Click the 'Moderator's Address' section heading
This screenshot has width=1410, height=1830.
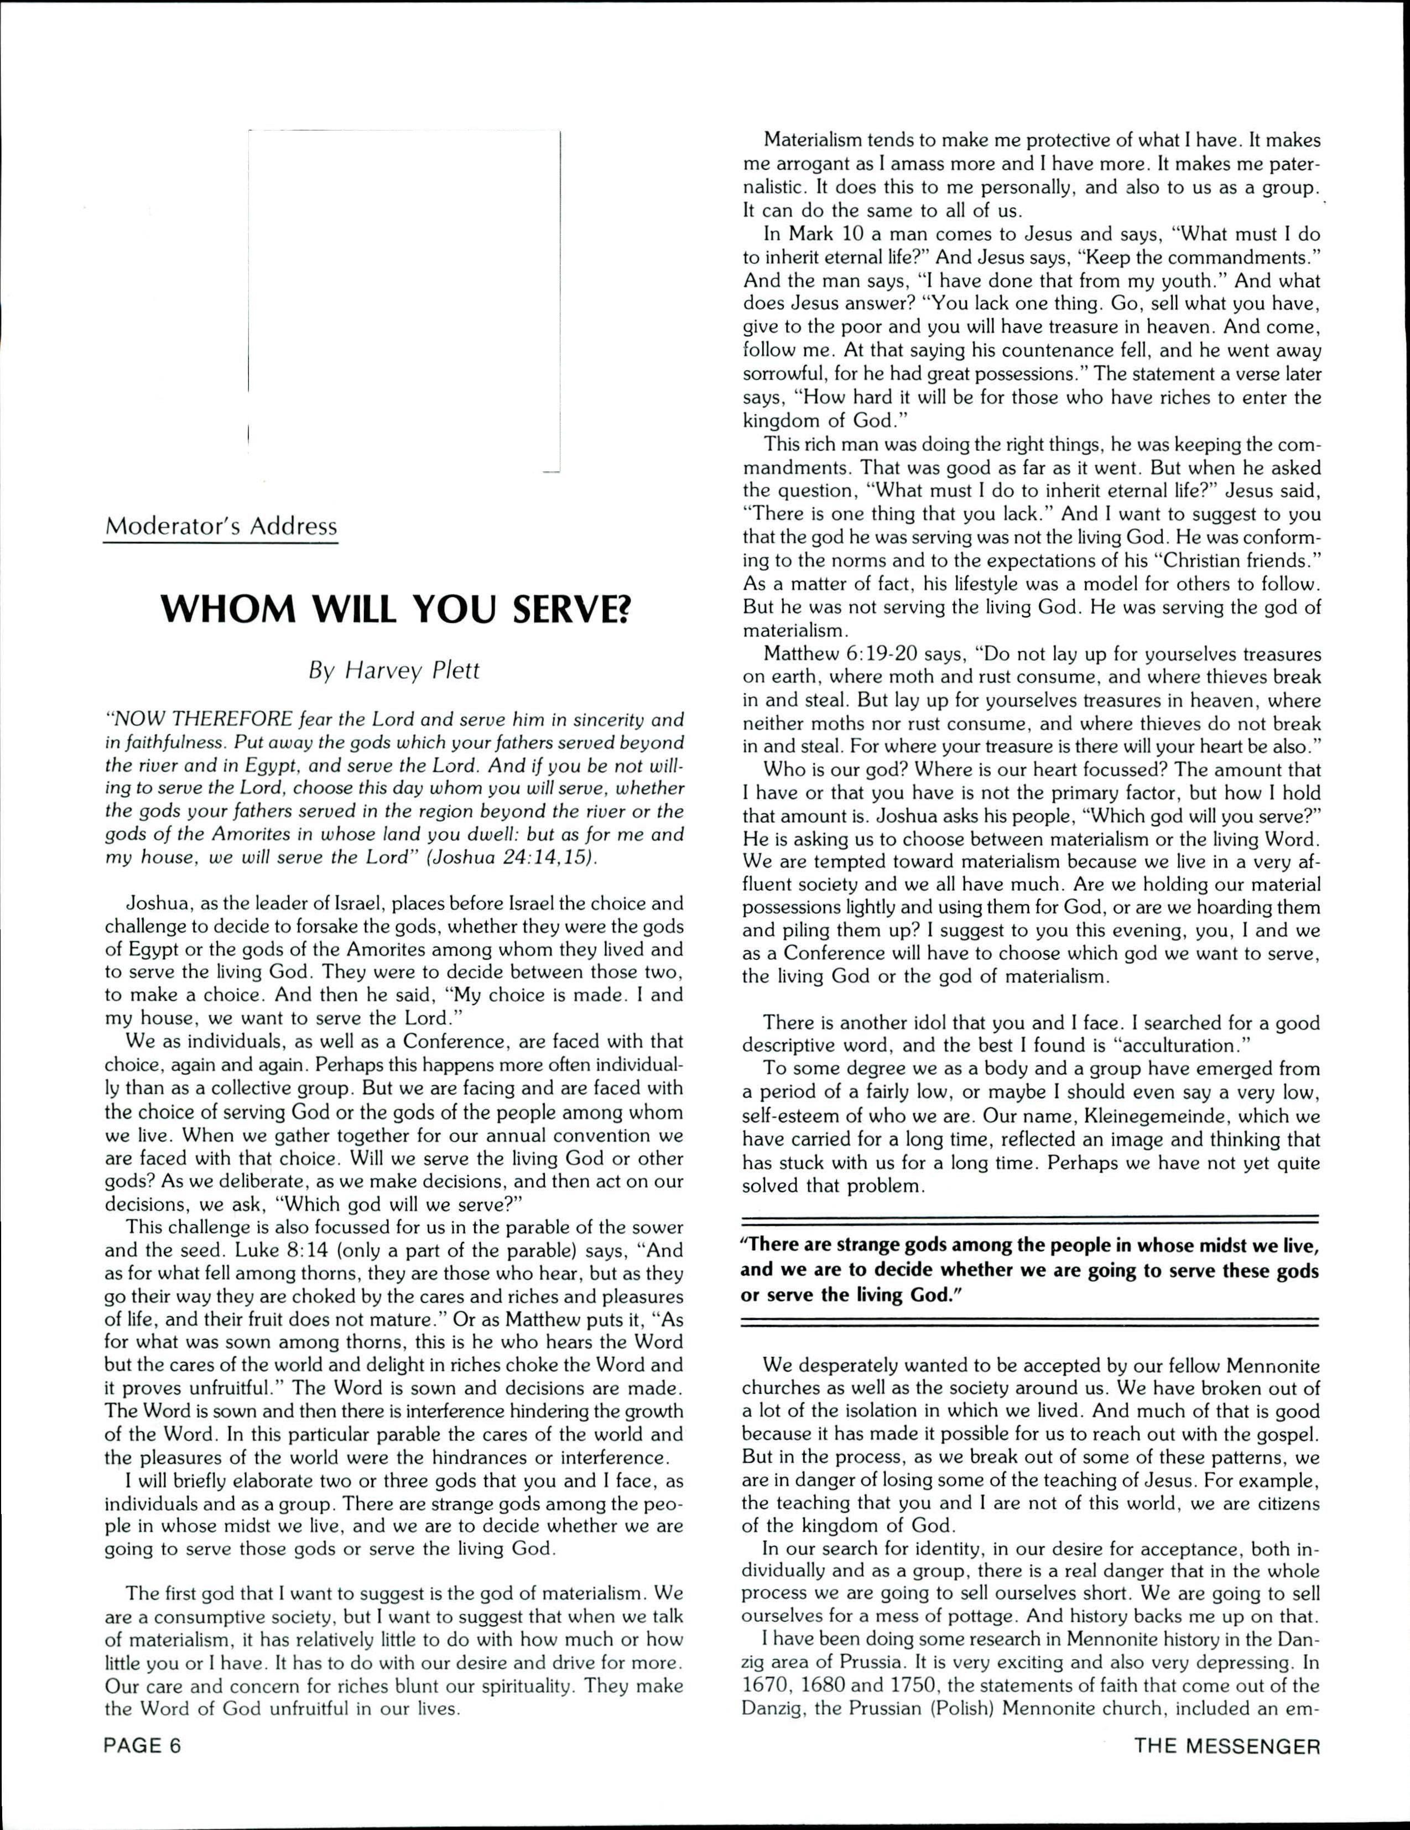click(x=220, y=527)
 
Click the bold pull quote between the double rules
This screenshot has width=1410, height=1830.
click(x=1029, y=1270)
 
